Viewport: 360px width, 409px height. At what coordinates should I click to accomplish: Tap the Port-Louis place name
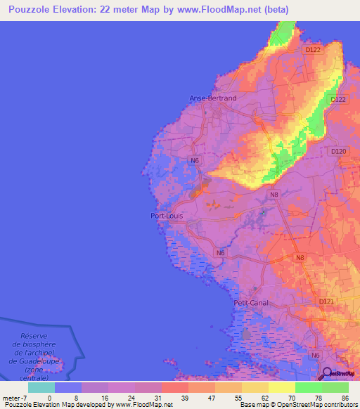tap(168, 216)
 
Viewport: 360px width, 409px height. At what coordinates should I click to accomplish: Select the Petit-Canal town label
tap(252, 303)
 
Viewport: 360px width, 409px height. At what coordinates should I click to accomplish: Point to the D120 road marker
tap(339, 151)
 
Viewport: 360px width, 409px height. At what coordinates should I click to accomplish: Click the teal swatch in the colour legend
tap(41, 387)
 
